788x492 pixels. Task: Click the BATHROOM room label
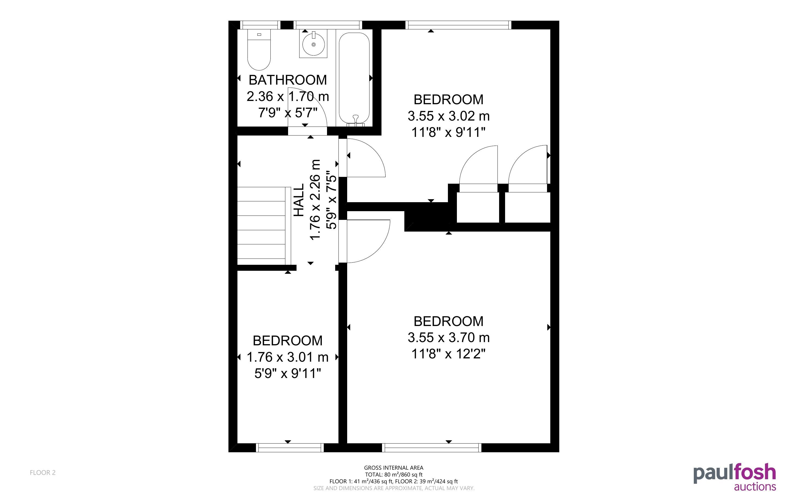pyautogui.click(x=288, y=80)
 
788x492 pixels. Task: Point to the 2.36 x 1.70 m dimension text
pyautogui.click(x=288, y=96)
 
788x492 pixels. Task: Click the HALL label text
pyautogui.click(x=299, y=200)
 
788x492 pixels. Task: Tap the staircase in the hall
pyautogui.click(x=264, y=226)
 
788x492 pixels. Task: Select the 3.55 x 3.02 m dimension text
pyautogui.click(x=448, y=116)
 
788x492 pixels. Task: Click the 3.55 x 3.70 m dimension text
pyautogui.click(x=448, y=337)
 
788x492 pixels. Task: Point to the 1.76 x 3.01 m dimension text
pyautogui.click(x=288, y=357)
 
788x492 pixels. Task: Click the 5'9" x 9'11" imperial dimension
pyautogui.click(x=288, y=373)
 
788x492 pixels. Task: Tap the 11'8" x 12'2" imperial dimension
pyautogui.click(x=448, y=354)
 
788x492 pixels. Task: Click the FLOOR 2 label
pyautogui.click(x=43, y=472)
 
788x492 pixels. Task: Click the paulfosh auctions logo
pyautogui.click(x=735, y=477)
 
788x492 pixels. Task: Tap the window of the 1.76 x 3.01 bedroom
pyautogui.click(x=290, y=448)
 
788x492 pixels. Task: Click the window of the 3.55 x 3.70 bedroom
pyautogui.click(x=432, y=448)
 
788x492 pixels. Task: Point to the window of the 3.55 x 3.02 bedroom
pyautogui.click(x=458, y=25)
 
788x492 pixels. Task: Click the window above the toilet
pyautogui.click(x=260, y=25)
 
